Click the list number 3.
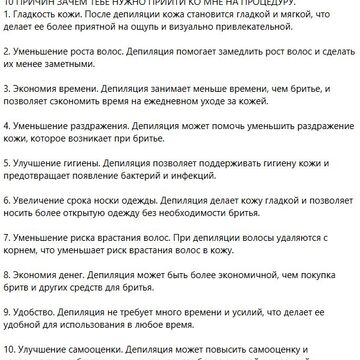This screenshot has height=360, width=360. [x=7, y=116]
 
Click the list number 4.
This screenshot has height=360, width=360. [x=7, y=156]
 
